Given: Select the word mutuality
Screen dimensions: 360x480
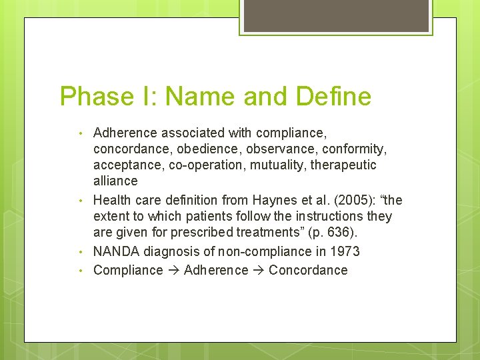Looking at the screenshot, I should [x=279, y=165].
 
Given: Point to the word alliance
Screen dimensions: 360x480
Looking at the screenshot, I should [x=115, y=181].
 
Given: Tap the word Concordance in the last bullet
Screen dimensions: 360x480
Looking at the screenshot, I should [x=308, y=270].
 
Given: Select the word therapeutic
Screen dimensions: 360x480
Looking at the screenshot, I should [x=341, y=165].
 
